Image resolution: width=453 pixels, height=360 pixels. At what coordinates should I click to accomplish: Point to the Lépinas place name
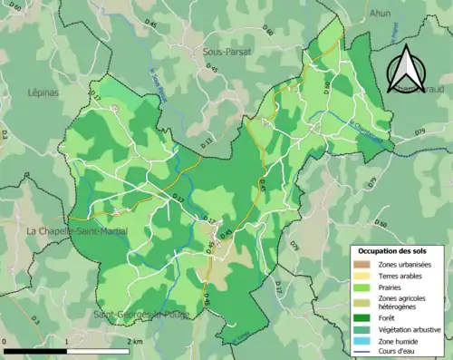pos(43,92)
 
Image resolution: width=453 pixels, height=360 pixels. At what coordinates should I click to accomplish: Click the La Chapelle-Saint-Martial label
pos(77,232)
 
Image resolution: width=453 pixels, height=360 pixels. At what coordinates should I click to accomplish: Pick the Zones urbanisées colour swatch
pos(361,263)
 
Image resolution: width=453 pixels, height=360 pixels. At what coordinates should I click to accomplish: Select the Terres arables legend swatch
pos(361,275)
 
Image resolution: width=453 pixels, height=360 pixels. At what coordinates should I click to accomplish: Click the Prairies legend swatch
pos(361,287)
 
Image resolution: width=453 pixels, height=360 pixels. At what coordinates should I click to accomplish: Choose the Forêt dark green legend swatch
pos(361,317)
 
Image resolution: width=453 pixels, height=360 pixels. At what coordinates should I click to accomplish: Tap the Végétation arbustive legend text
pos(409,329)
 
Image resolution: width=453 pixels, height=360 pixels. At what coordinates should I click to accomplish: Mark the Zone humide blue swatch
pos(361,341)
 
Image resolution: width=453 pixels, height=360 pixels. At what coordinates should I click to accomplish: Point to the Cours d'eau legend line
pos(361,352)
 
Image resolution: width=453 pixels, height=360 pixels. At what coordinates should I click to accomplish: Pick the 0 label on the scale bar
pos(5,341)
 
